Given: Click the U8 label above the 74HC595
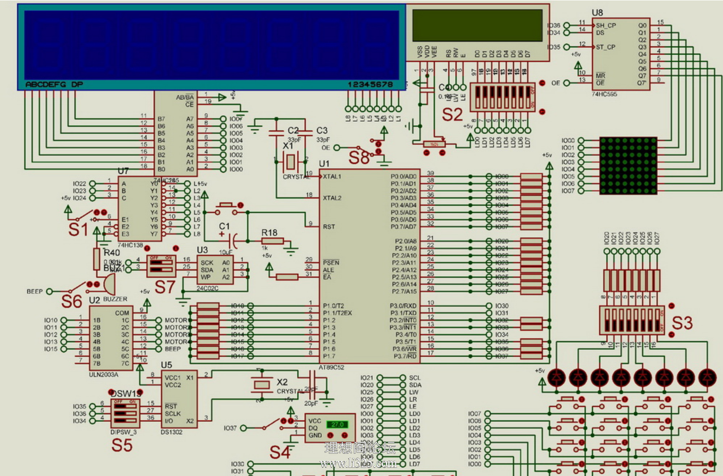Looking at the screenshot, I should coord(597,12).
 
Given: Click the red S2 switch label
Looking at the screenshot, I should coord(452,115).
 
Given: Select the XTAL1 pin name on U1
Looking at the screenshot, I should coord(332,177).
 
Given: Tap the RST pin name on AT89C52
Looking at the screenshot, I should coord(329,227).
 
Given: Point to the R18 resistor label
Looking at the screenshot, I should coord(269,233).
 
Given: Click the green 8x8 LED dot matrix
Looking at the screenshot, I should coord(628,166).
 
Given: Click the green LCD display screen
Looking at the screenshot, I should coord(477,25).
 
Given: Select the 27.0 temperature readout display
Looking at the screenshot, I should coord(337,425).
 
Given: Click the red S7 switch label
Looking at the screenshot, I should coord(165,287).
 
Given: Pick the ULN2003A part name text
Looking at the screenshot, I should coord(103,375).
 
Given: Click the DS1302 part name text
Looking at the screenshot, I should coord(171,432).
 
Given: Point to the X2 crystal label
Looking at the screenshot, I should coord(282,382).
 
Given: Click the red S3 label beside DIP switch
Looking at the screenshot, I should coord(682,323).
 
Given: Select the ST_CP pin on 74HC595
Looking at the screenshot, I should coord(605,47).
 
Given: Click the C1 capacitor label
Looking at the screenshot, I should coord(224,226).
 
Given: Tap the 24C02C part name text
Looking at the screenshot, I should coord(207,289).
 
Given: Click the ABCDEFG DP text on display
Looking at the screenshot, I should coord(54,84).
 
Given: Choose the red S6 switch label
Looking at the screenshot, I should coord(71,301).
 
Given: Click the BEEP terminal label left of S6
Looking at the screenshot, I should coord(35,291).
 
